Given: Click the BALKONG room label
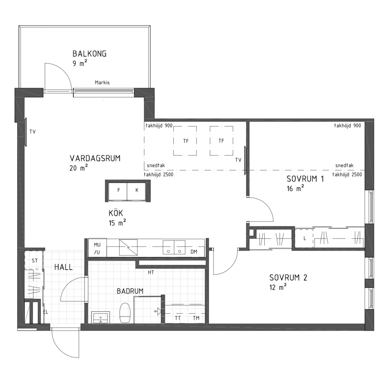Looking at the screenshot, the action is (89, 54).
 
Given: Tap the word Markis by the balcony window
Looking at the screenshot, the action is (102, 83).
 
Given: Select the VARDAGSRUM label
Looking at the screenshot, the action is (95, 158).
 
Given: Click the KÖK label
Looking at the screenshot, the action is (116, 213).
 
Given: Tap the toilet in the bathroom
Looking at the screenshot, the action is (125, 313).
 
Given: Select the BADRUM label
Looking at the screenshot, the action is (130, 291).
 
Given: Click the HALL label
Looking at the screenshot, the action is (63, 267).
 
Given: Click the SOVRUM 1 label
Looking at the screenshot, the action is (305, 179).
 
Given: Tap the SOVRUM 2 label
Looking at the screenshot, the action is (288, 278).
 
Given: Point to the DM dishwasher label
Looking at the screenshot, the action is (194, 252).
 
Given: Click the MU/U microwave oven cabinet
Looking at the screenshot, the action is (97, 248).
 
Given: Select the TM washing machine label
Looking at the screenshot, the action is (196, 318).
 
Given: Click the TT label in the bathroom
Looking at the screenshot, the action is (178, 318).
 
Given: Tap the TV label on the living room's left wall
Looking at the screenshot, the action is (33, 132).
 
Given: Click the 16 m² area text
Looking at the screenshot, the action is (295, 188).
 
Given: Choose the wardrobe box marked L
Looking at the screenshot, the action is (305, 238).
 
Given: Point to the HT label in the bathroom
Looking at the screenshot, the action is (151, 272).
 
